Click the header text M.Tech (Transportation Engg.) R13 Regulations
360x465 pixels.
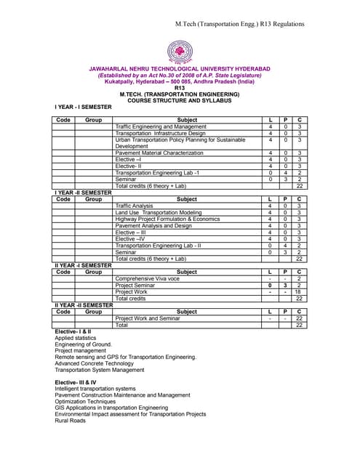click(x=259, y=25)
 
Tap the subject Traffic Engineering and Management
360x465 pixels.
click(x=161, y=126)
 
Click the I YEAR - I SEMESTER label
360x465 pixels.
click(x=84, y=107)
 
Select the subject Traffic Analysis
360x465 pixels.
click(x=135, y=206)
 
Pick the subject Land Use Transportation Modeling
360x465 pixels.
click(x=159, y=212)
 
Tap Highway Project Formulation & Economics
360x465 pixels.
click(x=167, y=219)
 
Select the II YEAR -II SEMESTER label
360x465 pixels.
click(x=84, y=305)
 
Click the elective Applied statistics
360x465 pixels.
click(x=76, y=338)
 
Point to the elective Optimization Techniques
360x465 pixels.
click(x=85, y=401)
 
